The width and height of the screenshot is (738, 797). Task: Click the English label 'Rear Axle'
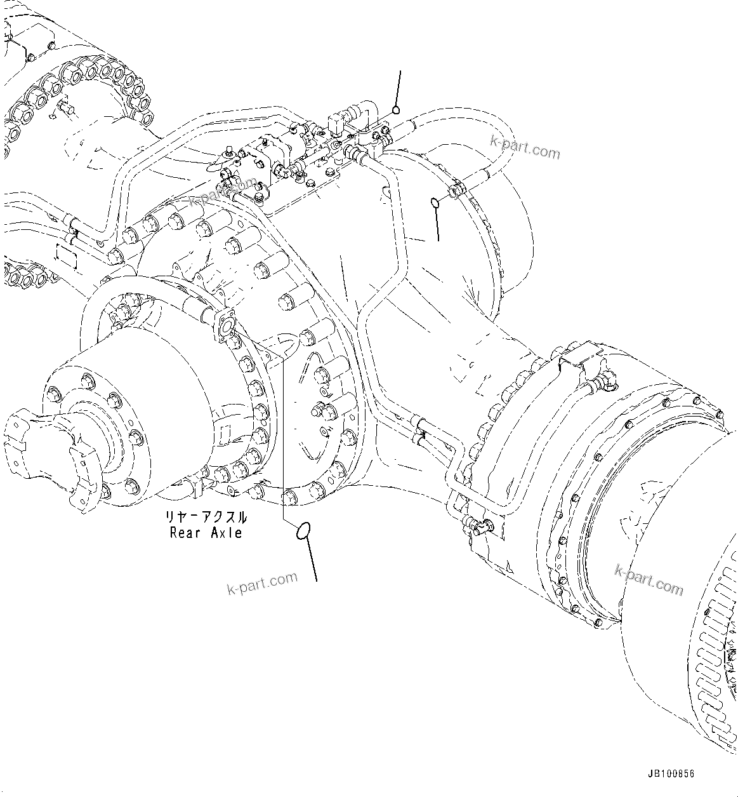(x=206, y=533)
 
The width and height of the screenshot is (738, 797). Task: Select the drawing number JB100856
(x=671, y=774)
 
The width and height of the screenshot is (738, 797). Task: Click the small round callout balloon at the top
(x=396, y=110)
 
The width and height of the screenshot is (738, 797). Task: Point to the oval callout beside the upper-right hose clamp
(x=435, y=202)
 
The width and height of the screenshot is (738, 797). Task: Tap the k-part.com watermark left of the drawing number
(x=649, y=580)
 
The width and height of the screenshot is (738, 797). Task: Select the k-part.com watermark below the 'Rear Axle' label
(x=262, y=585)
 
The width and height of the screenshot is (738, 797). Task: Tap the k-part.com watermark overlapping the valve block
(x=222, y=194)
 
